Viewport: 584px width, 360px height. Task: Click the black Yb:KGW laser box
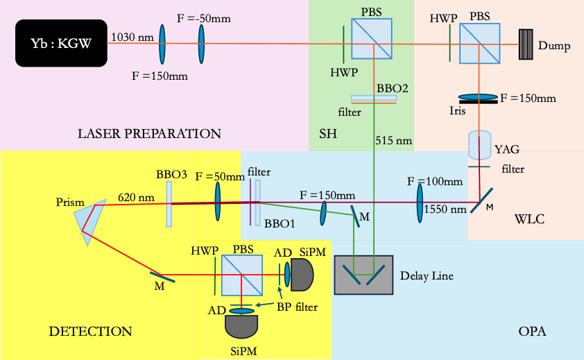point(61,42)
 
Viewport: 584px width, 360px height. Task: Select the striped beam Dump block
point(529,43)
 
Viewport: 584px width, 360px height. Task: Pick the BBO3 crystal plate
point(169,205)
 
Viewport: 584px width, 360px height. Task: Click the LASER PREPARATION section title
point(149,133)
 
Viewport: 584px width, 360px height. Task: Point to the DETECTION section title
point(90,331)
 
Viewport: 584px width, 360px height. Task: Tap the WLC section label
point(531,220)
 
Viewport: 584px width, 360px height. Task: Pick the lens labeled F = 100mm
point(420,203)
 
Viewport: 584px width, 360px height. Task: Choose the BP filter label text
point(298,306)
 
